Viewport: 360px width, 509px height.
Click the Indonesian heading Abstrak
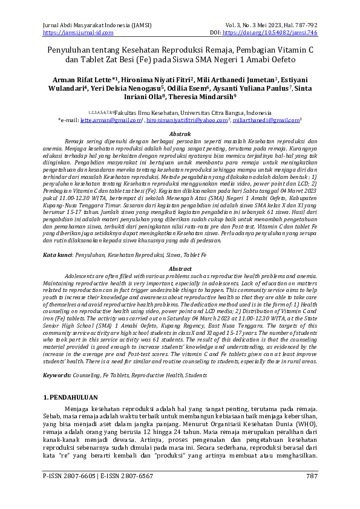click(180, 133)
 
